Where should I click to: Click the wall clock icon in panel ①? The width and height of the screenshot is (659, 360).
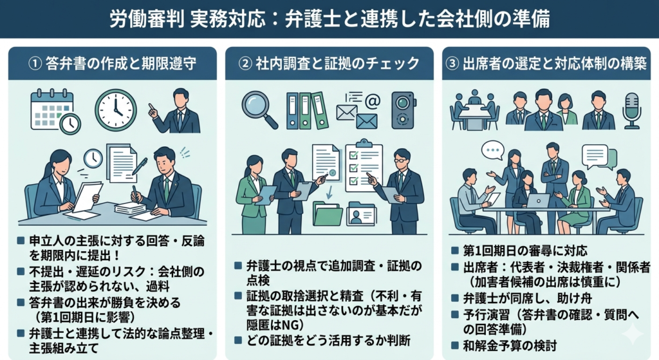tap(116, 109)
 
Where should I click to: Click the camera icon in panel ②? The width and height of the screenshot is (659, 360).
tap(403, 109)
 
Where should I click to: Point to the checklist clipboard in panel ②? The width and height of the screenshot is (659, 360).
tap(364, 166)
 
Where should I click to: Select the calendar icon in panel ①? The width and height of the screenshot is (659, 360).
tap(53, 110)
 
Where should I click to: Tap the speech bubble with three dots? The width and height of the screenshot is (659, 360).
tap(492, 151)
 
